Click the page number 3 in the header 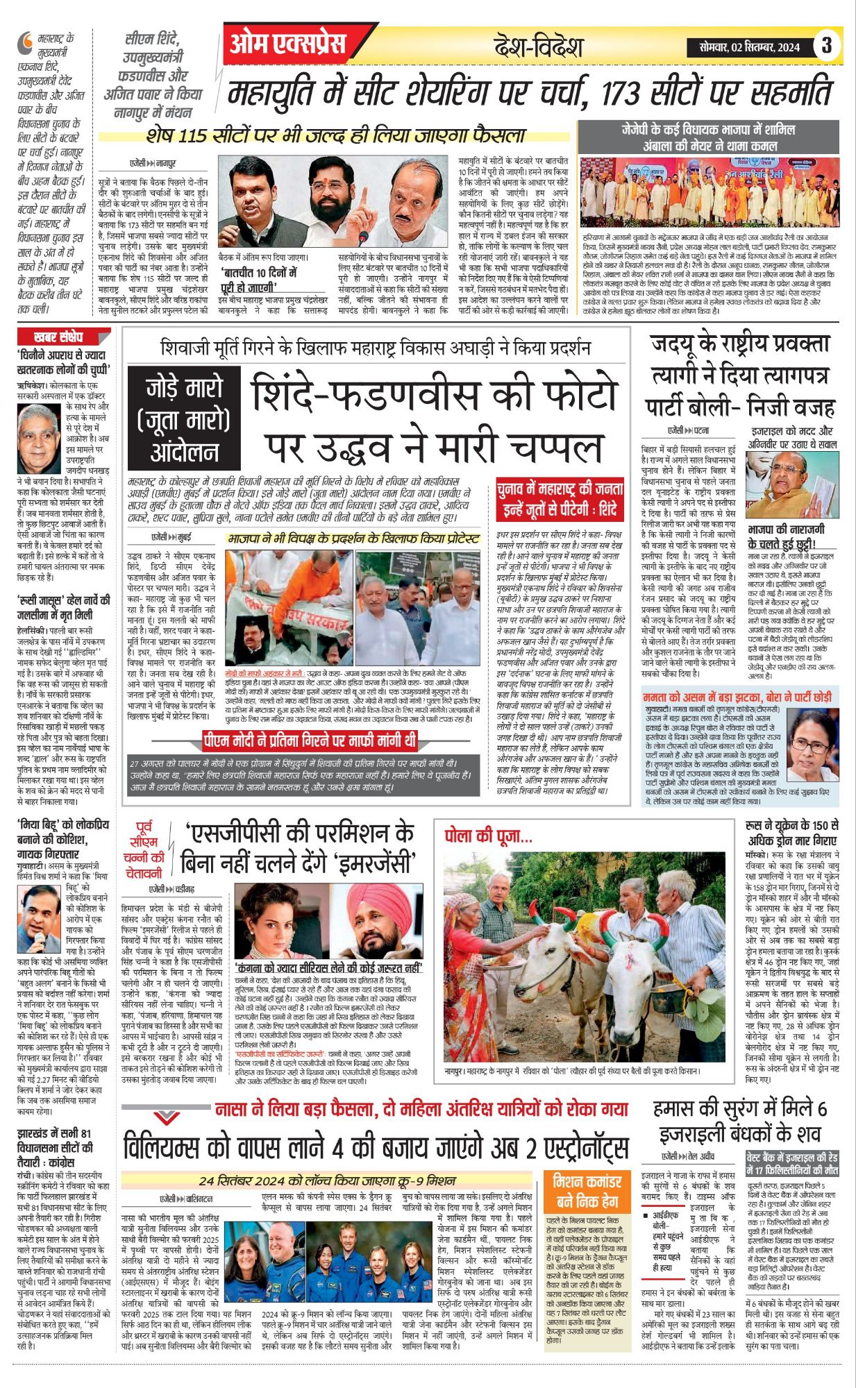click(x=826, y=46)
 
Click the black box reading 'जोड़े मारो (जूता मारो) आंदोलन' click(x=183, y=421)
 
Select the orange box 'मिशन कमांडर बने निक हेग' click(x=587, y=1191)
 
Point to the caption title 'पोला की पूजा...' click(x=488, y=836)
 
